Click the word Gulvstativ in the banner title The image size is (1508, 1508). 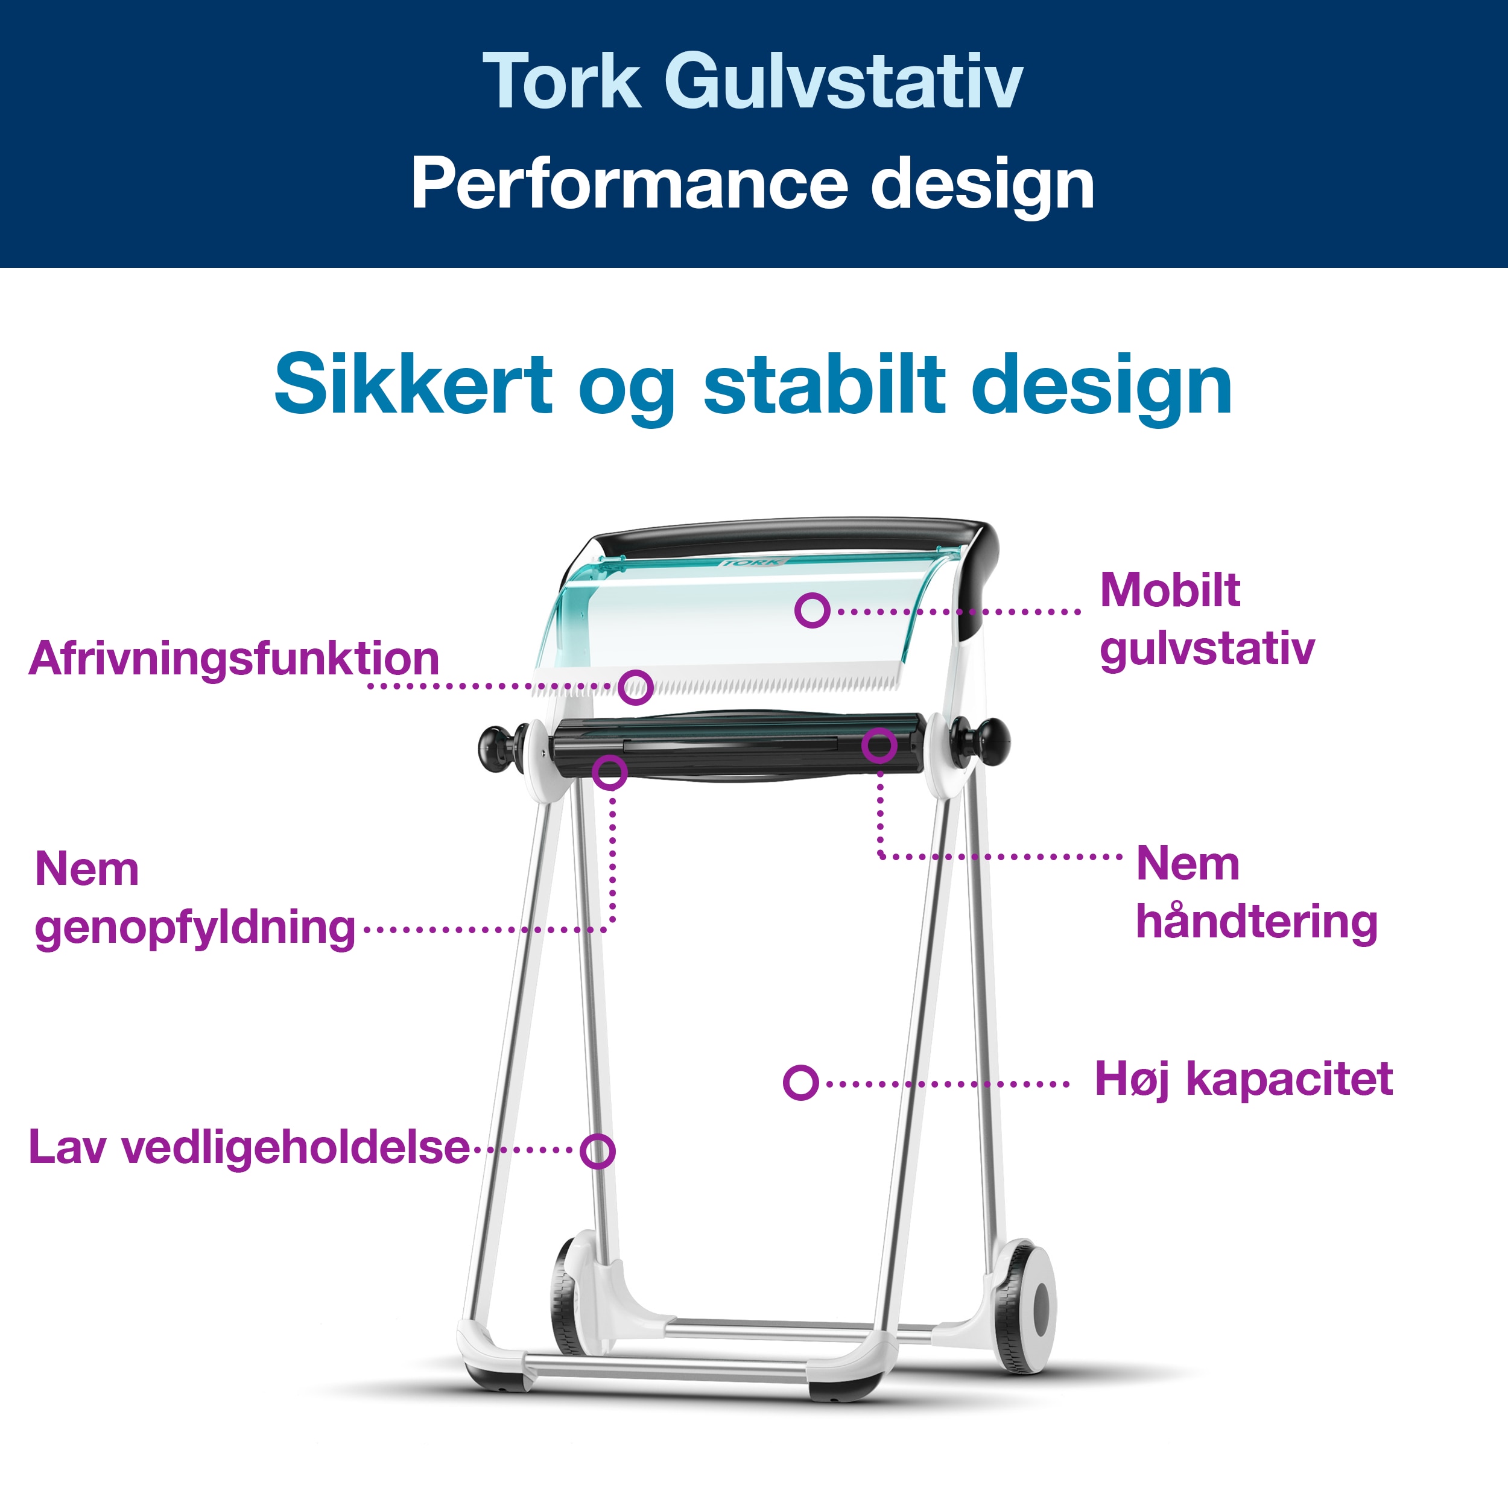click(843, 81)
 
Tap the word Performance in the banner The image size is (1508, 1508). click(629, 184)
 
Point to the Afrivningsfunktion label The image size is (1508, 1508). click(234, 659)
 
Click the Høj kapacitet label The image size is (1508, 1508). click(1243, 1080)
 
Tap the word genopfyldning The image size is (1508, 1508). click(195, 929)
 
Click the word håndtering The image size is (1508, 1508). click(1256, 923)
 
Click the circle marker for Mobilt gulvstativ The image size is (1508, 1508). click(812, 610)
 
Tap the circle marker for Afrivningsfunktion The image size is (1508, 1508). click(636, 687)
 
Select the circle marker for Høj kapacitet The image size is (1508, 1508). click(801, 1083)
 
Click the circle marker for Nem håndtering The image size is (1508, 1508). click(879, 746)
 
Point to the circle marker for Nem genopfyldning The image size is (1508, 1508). click(610, 773)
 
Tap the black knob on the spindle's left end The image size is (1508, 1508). click(498, 748)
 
